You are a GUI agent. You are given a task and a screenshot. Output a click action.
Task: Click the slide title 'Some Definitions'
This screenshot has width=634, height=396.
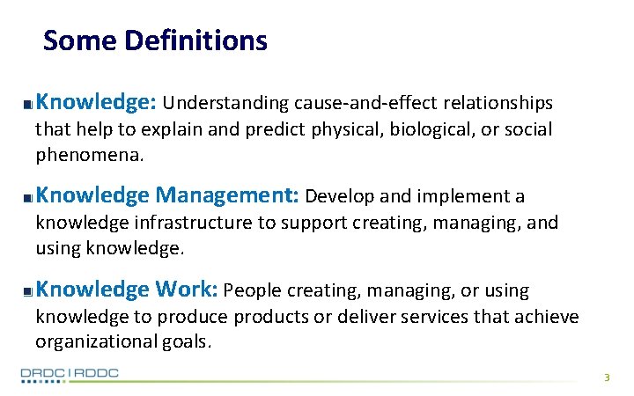coord(155,40)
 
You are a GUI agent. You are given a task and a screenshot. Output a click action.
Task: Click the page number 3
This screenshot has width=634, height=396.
coord(606,378)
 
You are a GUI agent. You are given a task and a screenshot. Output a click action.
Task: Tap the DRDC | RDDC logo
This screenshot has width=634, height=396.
coord(70,374)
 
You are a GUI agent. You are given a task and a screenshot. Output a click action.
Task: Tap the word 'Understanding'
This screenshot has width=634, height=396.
coord(225,104)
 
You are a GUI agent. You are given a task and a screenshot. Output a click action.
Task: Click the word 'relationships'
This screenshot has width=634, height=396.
coord(498,104)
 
